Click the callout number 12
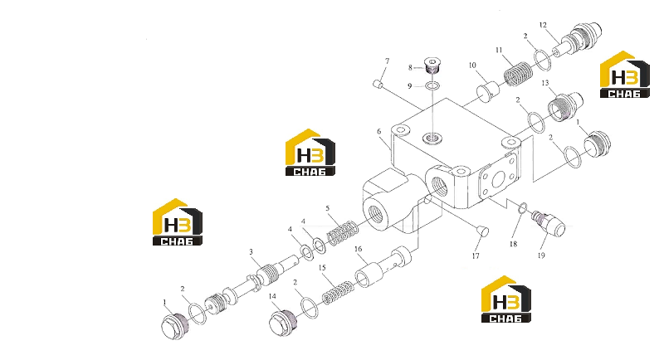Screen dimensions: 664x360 coord(543,26)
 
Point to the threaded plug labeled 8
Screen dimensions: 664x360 coord(432,66)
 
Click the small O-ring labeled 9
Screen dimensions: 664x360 coord(432,86)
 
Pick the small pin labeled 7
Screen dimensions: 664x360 coord(378,84)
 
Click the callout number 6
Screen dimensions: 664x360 coord(379,132)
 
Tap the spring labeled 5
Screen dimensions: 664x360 coord(343,234)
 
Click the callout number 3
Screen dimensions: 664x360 coord(251,251)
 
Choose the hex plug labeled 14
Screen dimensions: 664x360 coord(283,323)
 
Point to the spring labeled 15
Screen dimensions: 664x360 coord(338,292)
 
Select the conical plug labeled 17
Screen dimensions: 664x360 coord(482,231)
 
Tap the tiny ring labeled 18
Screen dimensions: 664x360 coord(523,207)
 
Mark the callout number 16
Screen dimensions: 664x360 coord(359,249)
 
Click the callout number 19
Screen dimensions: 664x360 coord(541,255)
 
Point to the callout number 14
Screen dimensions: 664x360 coord(272,297)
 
